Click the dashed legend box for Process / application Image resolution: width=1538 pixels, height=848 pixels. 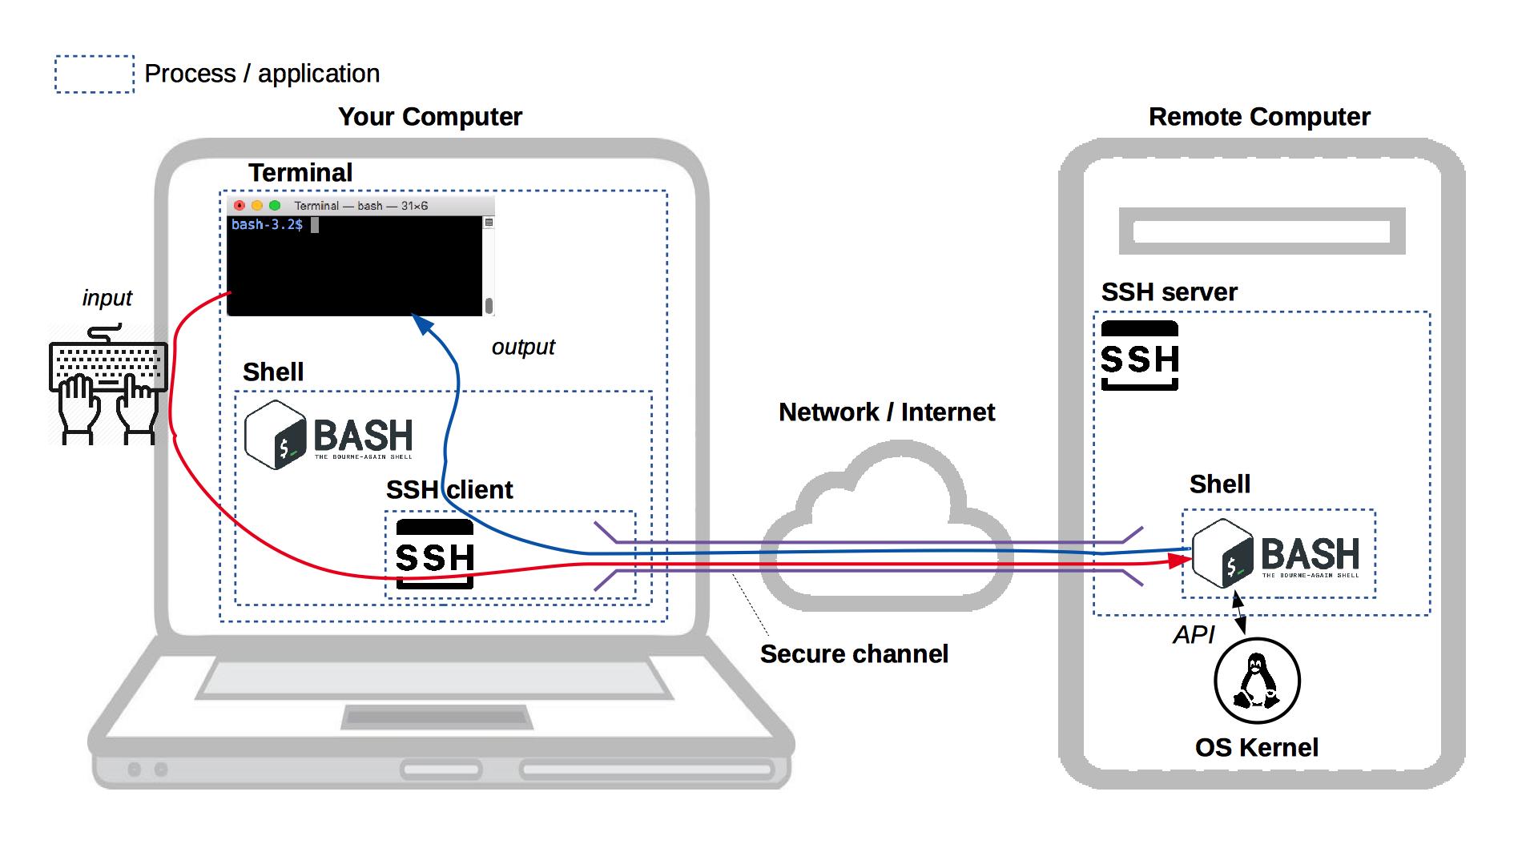pos(95,74)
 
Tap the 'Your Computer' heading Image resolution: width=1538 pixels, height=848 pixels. pos(429,117)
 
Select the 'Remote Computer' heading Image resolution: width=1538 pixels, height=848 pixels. pos(1258,117)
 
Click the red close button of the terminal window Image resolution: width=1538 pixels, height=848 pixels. pos(239,206)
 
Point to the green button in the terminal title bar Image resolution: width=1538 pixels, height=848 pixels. pos(275,206)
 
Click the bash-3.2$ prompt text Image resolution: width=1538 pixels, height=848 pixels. pos(267,225)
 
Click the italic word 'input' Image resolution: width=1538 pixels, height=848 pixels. pos(107,298)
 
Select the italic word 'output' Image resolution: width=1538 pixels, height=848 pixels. pos(522,347)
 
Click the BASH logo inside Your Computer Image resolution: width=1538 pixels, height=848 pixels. pos(328,435)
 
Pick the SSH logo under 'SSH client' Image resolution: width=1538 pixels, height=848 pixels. pos(435,554)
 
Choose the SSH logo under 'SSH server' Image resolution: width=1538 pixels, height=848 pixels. pos(1139,356)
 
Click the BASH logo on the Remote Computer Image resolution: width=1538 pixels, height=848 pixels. pos(1276,553)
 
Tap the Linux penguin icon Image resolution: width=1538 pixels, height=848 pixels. pos(1256,681)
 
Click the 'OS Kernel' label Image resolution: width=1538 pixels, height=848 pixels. pos(1256,748)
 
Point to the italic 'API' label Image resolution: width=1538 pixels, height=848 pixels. pos(1194,635)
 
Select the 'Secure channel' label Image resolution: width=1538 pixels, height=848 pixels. pos(853,654)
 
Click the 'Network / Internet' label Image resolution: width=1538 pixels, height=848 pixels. pos(886,412)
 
